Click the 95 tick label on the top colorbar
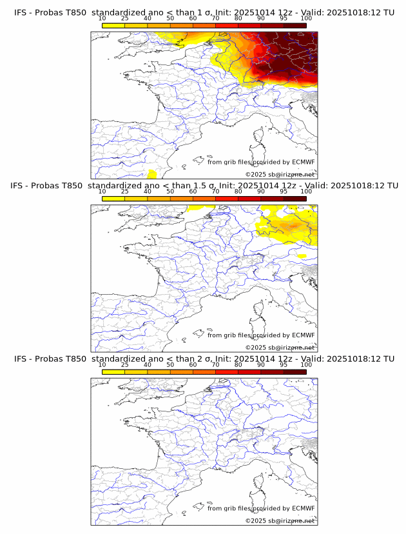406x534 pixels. tap(284, 18)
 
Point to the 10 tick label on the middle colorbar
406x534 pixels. tap(102, 192)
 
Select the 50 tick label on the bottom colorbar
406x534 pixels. tap(170, 365)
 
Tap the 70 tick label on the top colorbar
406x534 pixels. tap(215, 18)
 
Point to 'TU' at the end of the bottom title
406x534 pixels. tap(389, 359)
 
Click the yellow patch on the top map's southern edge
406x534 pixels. tap(152, 174)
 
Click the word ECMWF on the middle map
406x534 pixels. tap(303, 335)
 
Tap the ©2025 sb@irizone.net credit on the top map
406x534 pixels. tap(280, 174)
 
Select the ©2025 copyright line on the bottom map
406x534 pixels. tap(280, 521)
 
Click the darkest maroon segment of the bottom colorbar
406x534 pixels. tap(295, 371)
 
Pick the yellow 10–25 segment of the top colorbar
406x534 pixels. tap(113, 25)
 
